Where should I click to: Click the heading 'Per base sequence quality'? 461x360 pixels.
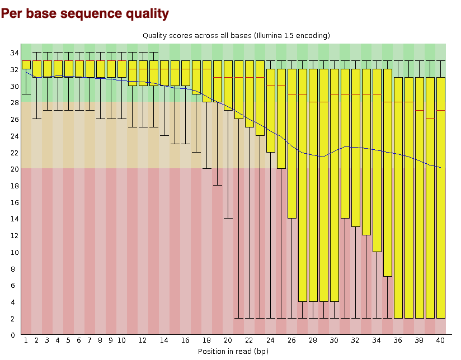pyautogui.click(x=85, y=12)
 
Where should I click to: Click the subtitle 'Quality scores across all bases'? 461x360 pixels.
pyautogui.click(x=236, y=35)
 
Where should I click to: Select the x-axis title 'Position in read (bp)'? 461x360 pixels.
pyautogui.click(x=233, y=351)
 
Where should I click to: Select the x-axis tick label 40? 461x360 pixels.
pyautogui.click(x=440, y=340)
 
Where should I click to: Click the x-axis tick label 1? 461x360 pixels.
pyautogui.click(x=26, y=340)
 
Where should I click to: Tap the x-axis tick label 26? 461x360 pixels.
pyautogui.click(x=291, y=340)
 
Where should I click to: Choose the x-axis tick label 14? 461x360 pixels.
pyautogui.click(x=164, y=340)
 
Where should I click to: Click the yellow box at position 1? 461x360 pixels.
pyautogui.click(x=26, y=65)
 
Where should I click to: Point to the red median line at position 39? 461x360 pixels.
pyautogui.click(x=430, y=119)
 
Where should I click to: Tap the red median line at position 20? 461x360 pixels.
pyautogui.click(x=228, y=77)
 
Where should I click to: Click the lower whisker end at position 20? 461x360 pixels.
pyautogui.click(x=228, y=218)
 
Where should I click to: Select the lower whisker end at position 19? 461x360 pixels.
pyautogui.click(x=217, y=185)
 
